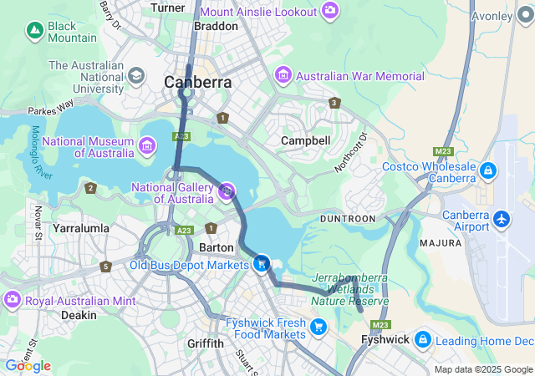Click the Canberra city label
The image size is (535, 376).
click(x=198, y=82)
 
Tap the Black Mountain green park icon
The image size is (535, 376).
click(x=35, y=31)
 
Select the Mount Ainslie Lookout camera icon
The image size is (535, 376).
click(x=331, y=11)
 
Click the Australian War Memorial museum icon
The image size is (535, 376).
click(x=283, y=76)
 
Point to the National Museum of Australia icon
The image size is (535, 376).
click(x=147, y=147)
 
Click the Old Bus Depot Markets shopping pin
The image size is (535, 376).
click(x=262, y=264)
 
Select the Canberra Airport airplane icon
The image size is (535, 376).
click(x=502, y=219)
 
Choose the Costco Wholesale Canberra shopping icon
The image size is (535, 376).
click(x=488, y=171)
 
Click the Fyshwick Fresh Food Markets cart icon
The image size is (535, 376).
click(x=318, y=328)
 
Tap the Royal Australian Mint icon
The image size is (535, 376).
click(x=13, y=299)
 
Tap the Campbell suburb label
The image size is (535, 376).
click(x=305, y=140)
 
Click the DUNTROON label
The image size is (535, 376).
click(x=348, y=218)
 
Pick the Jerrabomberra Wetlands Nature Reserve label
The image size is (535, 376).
click(x=349, y=289)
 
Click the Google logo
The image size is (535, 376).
click(x=28, y=365)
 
